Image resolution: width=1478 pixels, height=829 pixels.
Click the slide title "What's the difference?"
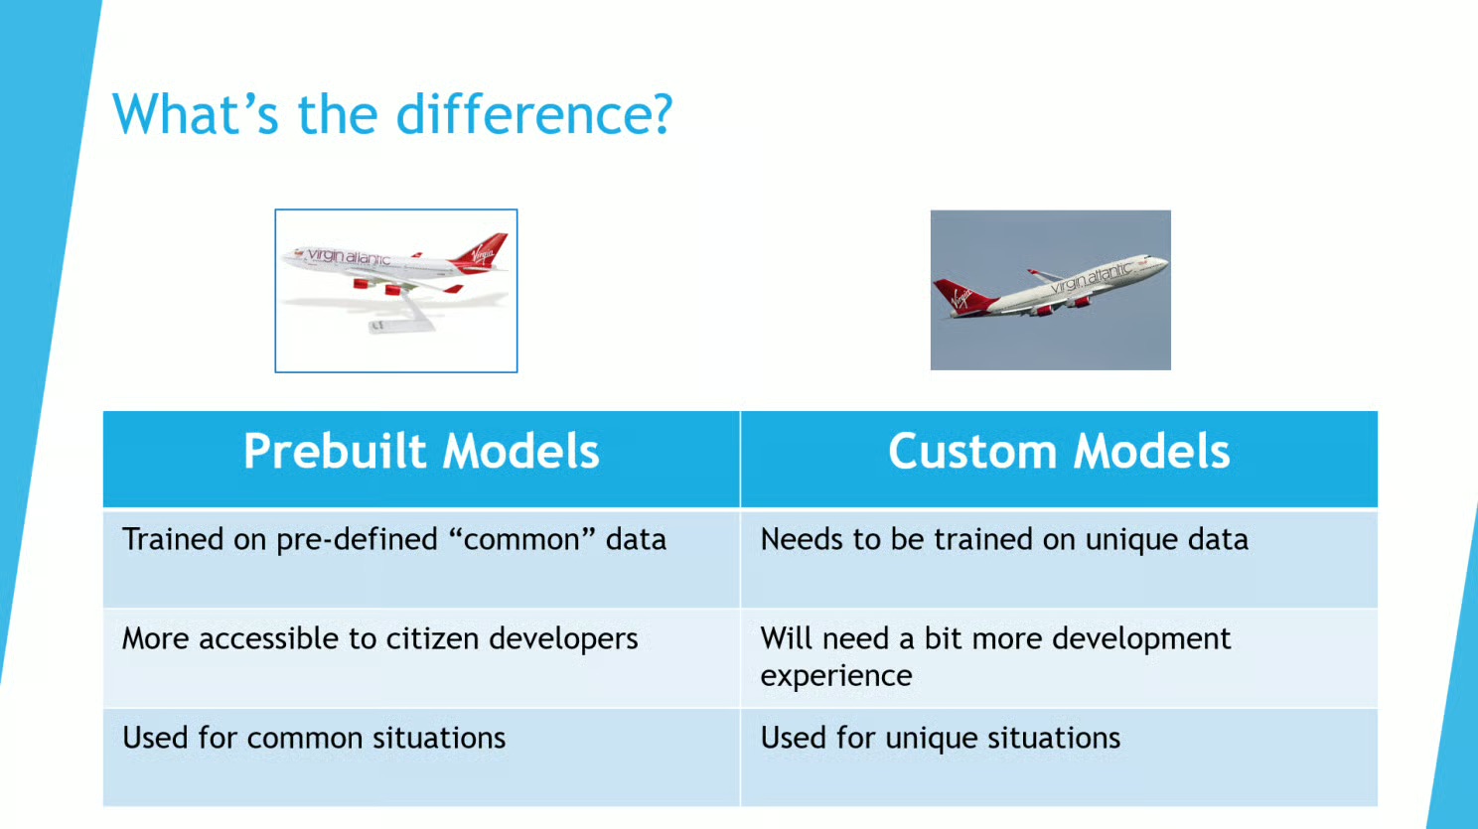tap(392, 114)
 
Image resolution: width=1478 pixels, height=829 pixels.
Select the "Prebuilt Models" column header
tap(421, 452)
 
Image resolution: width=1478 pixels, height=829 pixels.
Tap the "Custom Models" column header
tap(1059, 452)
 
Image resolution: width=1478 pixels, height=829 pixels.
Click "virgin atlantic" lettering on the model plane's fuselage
tap(349, 256)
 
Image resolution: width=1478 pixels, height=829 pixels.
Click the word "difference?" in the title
tap(533, 114)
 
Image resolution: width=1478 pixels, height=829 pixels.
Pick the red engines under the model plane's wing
tap(377, 287)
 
